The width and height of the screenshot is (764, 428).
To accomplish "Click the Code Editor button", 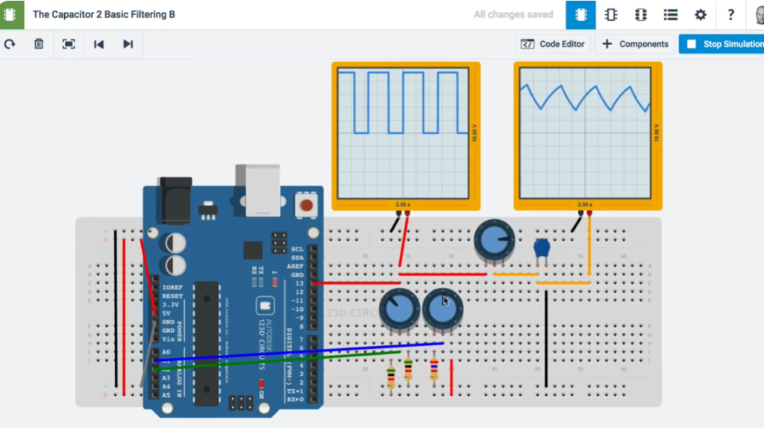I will [x=553, y=44].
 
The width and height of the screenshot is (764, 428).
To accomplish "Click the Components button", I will [x=635, y=44].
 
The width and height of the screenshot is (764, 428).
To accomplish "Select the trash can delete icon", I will [x=39, y=44].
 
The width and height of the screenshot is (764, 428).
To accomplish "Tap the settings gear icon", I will [x=700, y=15].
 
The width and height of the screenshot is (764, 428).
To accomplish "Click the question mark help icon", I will [x=731, y=15].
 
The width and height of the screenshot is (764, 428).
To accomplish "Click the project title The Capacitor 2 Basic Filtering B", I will [x=104, y=14].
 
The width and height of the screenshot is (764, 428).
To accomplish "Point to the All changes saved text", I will [x=513, y=14].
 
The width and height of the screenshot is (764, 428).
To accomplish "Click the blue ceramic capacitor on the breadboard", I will [x=542, y=248].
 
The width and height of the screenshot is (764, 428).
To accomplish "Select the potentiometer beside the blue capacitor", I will [x=494, y=241].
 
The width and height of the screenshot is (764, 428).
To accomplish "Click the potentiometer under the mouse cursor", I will [x=442, y=306].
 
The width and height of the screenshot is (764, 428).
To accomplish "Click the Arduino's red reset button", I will [x=304, y=204].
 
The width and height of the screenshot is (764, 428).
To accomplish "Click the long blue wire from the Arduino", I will [x=298, y=352].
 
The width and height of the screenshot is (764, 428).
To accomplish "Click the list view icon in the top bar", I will [x=670, y=15].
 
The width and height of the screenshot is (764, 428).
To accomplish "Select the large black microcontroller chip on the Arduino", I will [x=207, y=343].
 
